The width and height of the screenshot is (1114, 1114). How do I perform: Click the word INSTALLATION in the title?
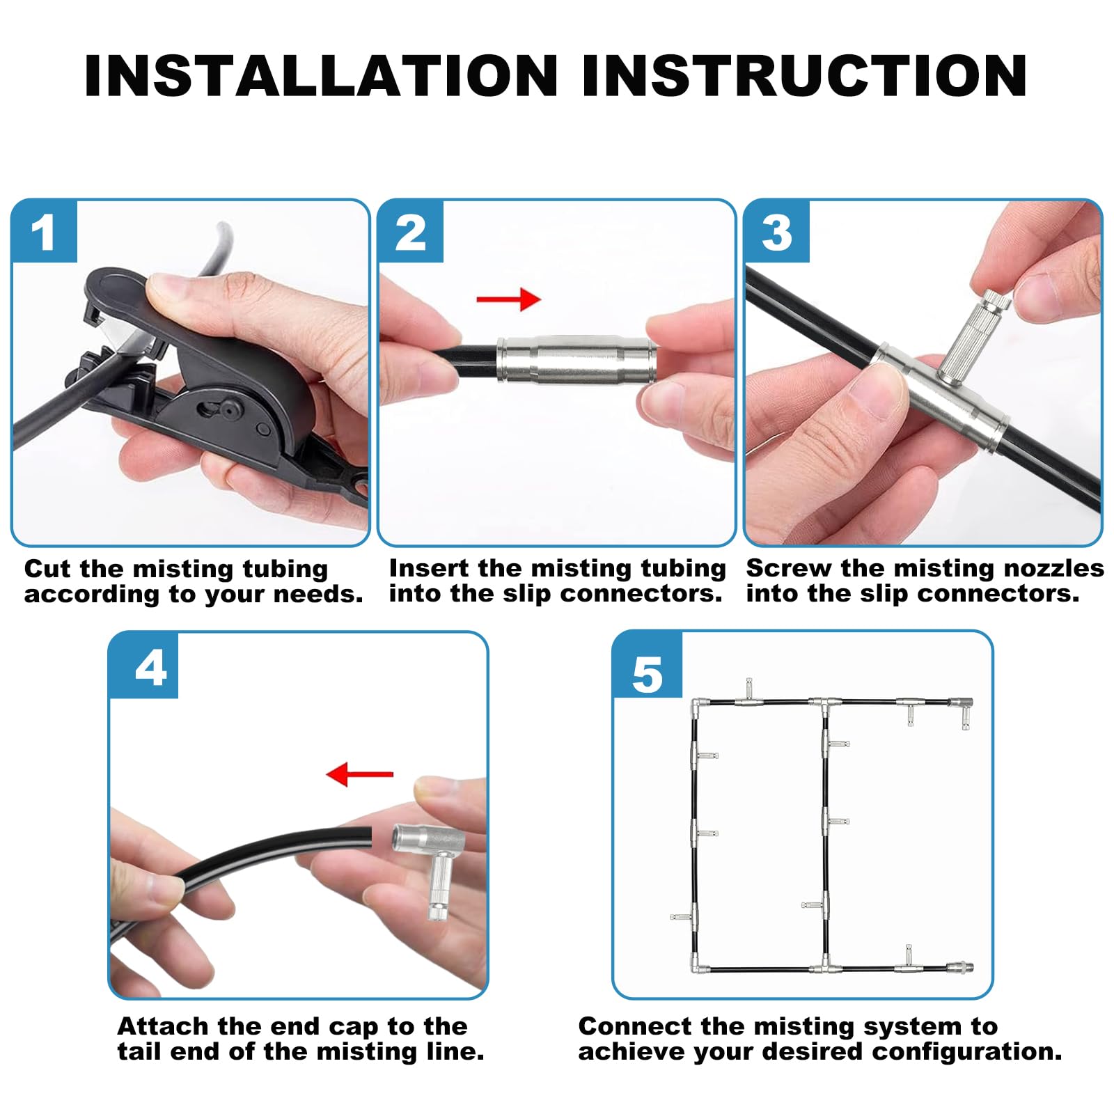[x=321, y=75]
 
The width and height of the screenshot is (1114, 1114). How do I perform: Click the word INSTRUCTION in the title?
[x=804, y=75]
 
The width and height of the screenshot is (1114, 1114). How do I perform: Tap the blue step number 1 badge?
[x=44, y=232]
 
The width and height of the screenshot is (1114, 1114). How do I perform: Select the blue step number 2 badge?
[x=411, y=232]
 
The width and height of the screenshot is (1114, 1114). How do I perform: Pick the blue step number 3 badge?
[x=777, y=232]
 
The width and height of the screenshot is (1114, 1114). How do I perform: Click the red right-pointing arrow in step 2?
[x=508, y=299]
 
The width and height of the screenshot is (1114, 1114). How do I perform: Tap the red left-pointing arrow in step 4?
[x=360, y=774]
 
